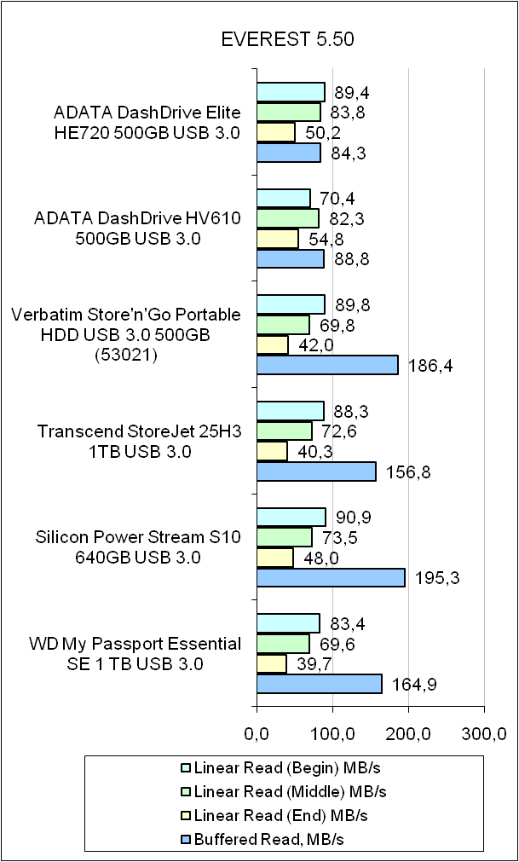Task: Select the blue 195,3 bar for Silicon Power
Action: click(331, 578)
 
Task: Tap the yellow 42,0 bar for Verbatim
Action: click(273, 344)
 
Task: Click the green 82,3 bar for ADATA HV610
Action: click(288, 219)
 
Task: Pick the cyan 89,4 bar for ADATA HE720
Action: click(291, 92)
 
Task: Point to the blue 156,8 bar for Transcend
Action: click(316, 471)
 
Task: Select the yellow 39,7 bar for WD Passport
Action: click(271, 663)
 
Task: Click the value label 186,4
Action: click(430, 366)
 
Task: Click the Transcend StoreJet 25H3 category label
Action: click(139, 442)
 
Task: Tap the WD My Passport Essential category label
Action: click(136, 653)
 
